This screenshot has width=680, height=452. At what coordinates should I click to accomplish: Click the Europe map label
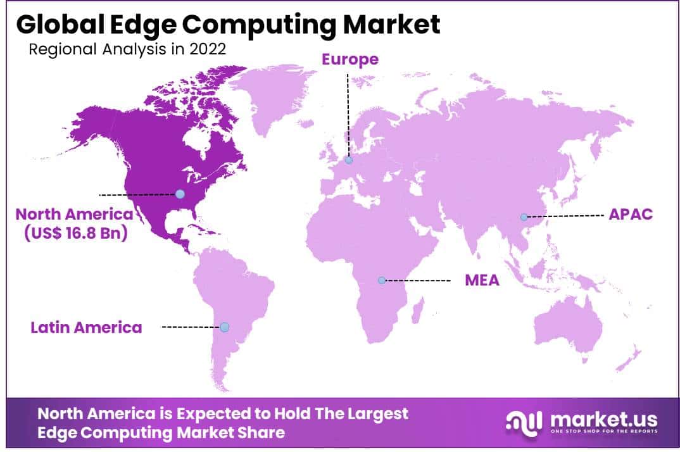[x=350, y=60]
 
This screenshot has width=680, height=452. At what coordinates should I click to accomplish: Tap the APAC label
[x=630, y=214]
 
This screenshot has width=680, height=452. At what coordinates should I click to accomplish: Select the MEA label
[x=482, y=279]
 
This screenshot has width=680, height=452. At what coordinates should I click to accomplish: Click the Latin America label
[x=86, y=327]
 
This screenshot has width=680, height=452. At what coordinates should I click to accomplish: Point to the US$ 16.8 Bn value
[x=76, y=233]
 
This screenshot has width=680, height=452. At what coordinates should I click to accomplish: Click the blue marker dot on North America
[x=180, y=194]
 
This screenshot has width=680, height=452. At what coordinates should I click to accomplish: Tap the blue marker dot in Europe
[x=349, y=160]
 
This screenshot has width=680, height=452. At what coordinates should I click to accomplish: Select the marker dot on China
[x=524, y=217]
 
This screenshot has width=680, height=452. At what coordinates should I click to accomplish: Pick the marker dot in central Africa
[x=382, y=280]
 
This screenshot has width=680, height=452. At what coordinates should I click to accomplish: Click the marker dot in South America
[x=224, y=327]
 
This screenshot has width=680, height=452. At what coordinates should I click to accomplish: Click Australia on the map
[x=567, y=329]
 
